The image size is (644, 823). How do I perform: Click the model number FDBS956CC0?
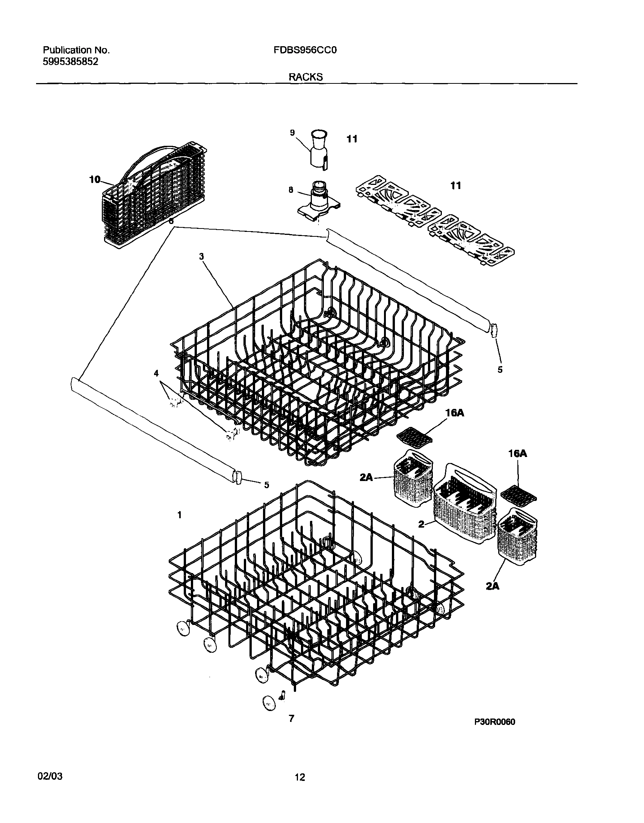pyautogui.click(x=305, y=50)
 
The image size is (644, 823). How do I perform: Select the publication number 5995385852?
pyautogui.click(x=71, y=62)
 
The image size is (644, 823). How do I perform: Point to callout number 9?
pyautogui.click(x=292, y=132)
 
